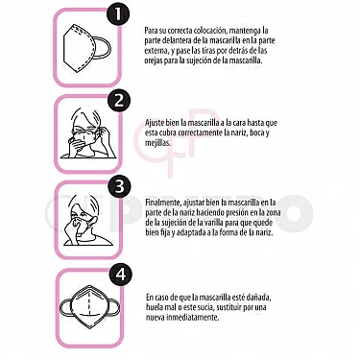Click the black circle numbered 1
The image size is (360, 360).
pyautogui.click(x=117, y=14)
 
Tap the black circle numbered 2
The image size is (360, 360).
pyautogui.click(x=117, y=100)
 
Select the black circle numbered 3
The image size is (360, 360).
pyautogui.click(x=117, y=186)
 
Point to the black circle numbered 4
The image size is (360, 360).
pyautogui.click(x=117, y=273)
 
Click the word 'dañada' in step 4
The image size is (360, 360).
pyautogui.click(x=260, y=298)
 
